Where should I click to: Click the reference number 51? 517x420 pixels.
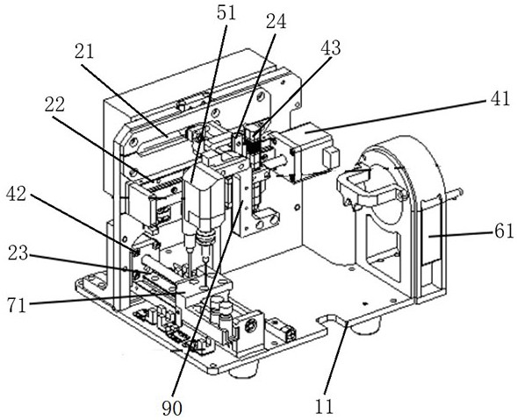coord(226,14)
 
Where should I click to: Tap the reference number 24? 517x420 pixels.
coord(276,23)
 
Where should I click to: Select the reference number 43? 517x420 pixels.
coord(330,48)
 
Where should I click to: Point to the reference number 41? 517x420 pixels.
coord(500,98)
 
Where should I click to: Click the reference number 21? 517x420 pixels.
coord(84,52)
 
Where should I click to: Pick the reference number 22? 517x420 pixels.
coord(54,104)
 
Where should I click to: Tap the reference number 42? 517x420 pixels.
coord(16,194)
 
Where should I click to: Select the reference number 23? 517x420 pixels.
coord(18,253)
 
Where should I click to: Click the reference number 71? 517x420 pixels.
coord(17,305)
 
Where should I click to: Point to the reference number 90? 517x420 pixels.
coord(172,409)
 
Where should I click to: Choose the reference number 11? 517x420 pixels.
coord(324,407)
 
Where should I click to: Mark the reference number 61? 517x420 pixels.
coord(504,231)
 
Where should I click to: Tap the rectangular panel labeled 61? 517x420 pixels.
coord(431,231)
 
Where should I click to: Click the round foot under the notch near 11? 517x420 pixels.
coord(366,327)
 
